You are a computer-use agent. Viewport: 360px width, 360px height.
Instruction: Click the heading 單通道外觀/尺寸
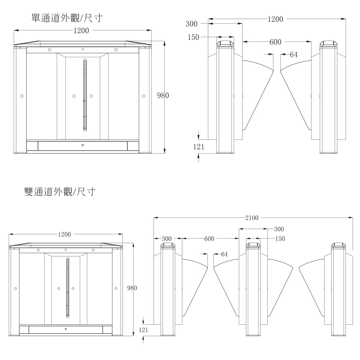(x=67, y=18)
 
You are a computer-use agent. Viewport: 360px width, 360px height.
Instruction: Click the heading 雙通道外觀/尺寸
(x=60, y=192)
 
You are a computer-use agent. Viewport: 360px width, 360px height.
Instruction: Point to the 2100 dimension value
(x=252, y=217)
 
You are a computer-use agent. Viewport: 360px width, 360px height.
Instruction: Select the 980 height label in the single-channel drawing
(x=163, y=95)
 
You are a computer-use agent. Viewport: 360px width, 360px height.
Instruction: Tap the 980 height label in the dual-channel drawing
(x=132, y=288)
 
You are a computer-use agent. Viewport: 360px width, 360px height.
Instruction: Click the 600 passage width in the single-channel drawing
(x=275, y=42)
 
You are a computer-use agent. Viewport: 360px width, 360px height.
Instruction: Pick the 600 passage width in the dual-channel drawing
(x=209, y=238)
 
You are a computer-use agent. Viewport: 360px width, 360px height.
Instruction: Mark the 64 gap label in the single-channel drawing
(x=294, y=55)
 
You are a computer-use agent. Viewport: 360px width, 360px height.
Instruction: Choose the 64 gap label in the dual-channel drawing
(x=224, y=254)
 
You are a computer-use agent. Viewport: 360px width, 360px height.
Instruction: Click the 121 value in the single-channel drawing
(x=199, y=147)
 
